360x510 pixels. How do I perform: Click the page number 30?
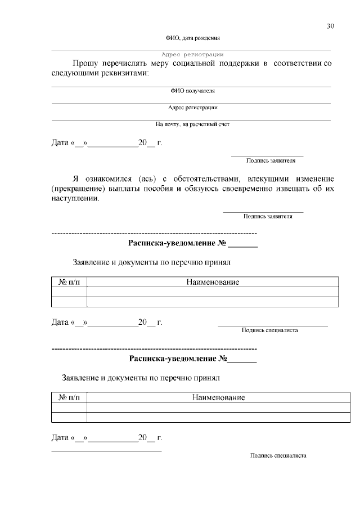tap(330, 26)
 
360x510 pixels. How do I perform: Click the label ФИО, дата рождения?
tap(192, 38)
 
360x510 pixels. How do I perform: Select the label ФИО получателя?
tap(192, 91)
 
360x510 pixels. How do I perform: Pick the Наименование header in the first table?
tap(213, 282)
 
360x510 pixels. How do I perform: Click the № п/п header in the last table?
tap(69, 397)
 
